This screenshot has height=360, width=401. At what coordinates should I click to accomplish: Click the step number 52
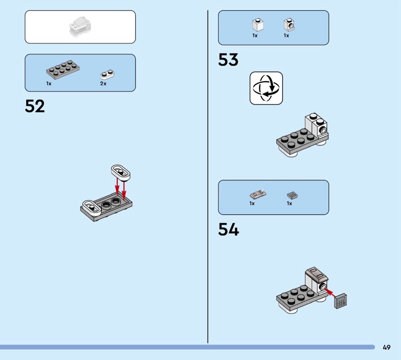[35, 106]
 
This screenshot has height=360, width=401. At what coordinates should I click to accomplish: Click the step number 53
[228, 60]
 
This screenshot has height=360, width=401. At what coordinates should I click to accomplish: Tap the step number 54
[229, 229]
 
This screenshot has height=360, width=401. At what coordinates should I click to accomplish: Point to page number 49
[386, 347]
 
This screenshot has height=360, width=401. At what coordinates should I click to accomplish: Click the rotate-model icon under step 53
[266, 88]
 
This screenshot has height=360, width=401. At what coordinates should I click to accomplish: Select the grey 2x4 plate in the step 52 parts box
[63, 70]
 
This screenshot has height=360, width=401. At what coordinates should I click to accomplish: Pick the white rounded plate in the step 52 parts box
[107, 74]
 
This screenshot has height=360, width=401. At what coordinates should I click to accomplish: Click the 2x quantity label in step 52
[103, 84]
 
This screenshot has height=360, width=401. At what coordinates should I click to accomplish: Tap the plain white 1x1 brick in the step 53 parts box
[258, 25]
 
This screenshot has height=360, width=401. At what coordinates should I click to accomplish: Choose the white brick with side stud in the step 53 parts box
[289, 25]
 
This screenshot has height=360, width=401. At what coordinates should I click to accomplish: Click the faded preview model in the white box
[80, 27]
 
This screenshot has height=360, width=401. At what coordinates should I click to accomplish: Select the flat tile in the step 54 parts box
[258, 194]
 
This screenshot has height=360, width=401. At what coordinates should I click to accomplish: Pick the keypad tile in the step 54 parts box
[292, 195]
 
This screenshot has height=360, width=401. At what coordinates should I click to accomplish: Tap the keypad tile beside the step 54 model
[341, 301]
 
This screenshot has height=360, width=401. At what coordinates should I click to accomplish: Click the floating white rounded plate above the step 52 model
[121, 172]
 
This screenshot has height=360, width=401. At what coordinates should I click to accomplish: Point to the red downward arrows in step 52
[120, 190]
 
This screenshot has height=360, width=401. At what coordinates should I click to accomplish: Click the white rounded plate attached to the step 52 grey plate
[91, 208]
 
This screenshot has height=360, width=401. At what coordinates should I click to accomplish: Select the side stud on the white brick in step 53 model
[323, 131]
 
